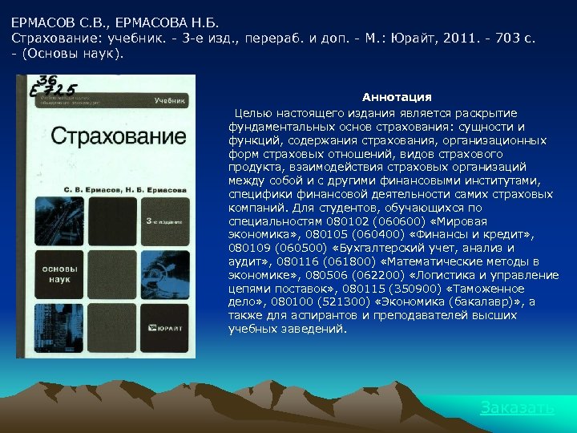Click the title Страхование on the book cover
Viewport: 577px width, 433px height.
(107, 135)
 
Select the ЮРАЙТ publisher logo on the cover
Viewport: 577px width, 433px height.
(167, 326)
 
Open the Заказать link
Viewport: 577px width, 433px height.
(517, 407)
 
